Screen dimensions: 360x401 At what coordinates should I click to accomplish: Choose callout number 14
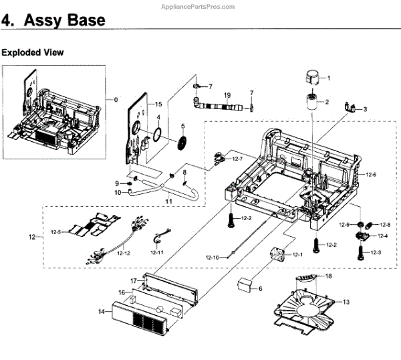pyautogui.click(x=102, y=311)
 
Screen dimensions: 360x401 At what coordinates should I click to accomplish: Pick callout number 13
pyautogui.click(x=346, y=302)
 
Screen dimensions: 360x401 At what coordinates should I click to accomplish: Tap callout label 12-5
pyautogui.click(x=57, y=232)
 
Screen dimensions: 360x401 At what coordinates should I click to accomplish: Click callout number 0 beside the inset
pyautogui.click(x=116, y=100)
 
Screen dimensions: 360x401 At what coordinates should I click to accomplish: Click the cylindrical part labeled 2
pyautogui.click(x=309, y=105)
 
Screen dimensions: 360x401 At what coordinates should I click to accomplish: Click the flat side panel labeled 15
pyautogui.click(x=138, y=134)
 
